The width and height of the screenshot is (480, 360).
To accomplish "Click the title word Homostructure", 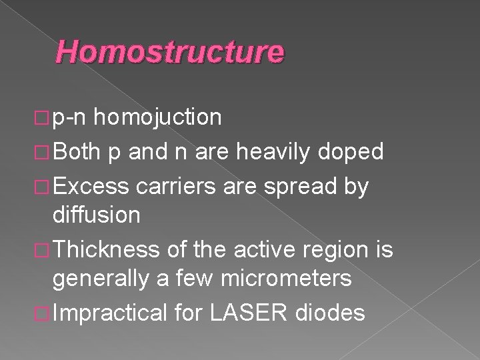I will point(171,52).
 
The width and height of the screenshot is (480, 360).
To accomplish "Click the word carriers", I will point(177,188).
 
